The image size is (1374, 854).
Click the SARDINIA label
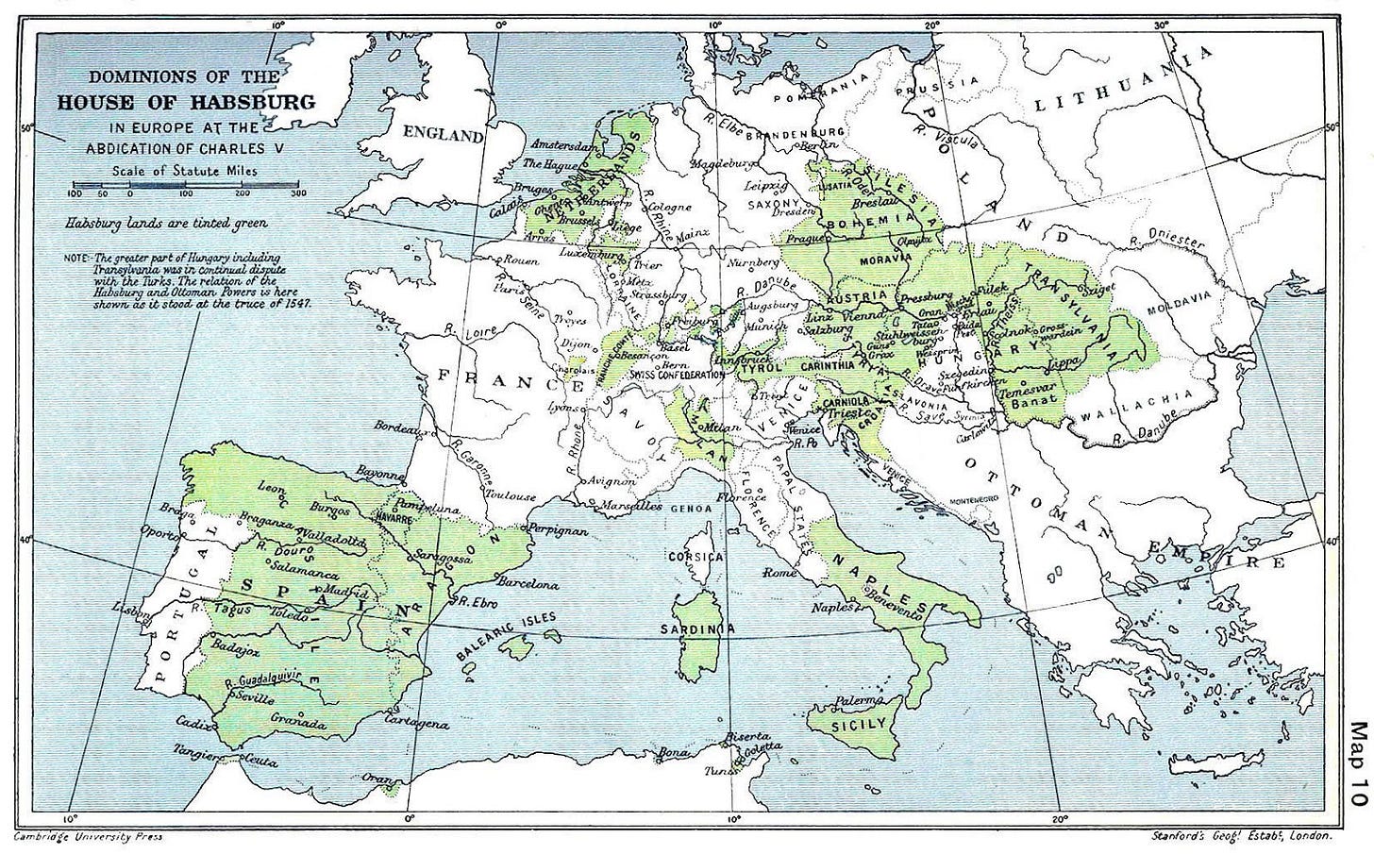coord(697,628)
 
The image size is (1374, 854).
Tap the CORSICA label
coord(695,557)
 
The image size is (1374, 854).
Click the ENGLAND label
coord(443,135)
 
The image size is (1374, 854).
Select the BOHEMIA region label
coord(858,222)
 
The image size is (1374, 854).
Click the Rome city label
coord(780,573)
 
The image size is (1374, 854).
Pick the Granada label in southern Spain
coord(298,723)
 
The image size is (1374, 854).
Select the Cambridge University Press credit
coord(89,837)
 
